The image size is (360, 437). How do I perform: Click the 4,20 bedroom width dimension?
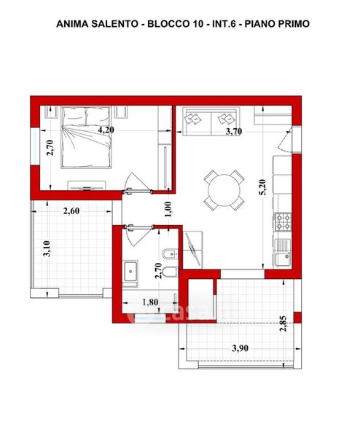[106, 130]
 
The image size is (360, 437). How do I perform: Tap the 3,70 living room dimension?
[234, 131]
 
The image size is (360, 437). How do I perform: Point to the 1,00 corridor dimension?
[168, 209]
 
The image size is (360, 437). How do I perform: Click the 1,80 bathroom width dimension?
[150, 302]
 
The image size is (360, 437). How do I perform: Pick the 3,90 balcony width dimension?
[240, 348]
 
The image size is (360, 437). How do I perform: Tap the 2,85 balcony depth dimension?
[283, 323]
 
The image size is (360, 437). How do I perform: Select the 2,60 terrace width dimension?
[71, 211]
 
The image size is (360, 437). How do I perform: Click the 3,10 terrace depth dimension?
[47, 248]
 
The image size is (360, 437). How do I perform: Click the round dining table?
[224, 190]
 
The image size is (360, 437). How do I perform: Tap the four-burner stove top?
[283, 222]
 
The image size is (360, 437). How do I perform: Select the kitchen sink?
[283, 253]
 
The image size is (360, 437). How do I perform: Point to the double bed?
[86, 137]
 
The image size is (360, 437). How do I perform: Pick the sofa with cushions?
[211, 121]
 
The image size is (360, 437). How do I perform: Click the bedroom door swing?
[138, 182]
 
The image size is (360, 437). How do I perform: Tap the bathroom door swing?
[138, 236]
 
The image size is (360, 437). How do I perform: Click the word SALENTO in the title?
[114, 24]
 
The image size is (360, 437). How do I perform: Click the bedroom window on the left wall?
[35, 146]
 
